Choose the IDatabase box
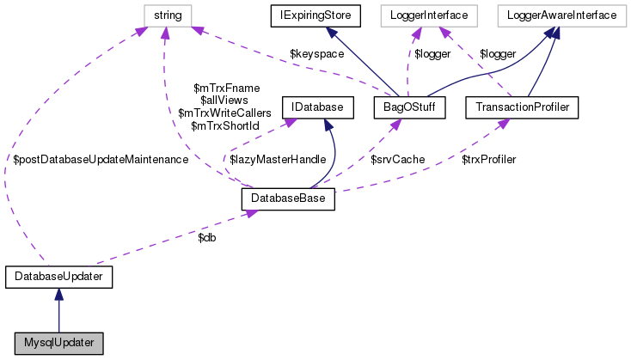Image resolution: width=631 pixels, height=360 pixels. pyautogui.click(x=312, y=108)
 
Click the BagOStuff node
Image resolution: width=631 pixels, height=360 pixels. pyautogui.click(x=407, y=108)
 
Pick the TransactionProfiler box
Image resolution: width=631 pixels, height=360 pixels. pyautogui.click(x=521, y=108)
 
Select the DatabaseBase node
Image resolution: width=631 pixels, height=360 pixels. pyautogui.click(x=288, y=198)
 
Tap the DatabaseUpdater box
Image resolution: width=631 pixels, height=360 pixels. pyautogui.click(x=58, y=277)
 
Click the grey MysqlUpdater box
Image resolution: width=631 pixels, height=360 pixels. pyautogui.click(x=58, y=342)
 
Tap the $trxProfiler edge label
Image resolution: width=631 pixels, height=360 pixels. pyautogui.click(x=488, y=160)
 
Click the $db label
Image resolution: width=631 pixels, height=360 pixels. pyautogui.click(x=207, y=237)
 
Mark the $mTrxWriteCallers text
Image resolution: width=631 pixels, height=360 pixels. pyautogui.click(x=224, y=113)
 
